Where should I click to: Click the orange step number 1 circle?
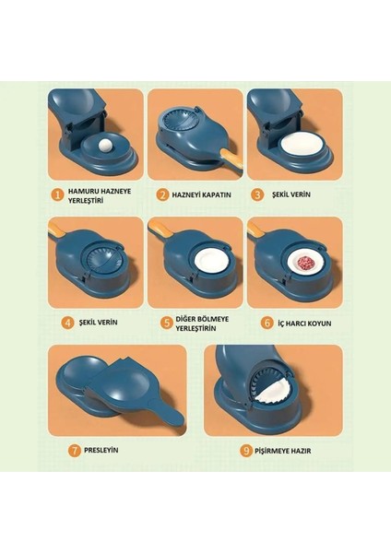pos(57,195)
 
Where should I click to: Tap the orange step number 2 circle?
pos(162,195)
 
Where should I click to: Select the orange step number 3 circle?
pos(257,194)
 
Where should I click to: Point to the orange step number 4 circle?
pos(67,323)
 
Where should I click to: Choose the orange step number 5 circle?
pos(166,324)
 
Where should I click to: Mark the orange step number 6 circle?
pos(267,323)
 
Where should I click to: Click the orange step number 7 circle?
pos(75,451)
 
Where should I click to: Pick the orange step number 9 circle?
pos(246,451)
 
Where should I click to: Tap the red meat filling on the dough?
pos(306,264)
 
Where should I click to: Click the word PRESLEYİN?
pos(101,451)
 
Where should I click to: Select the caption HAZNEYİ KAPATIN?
pos(202,194)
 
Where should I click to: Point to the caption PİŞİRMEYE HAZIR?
pos(283,451)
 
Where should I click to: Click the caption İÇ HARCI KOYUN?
pos(304,324)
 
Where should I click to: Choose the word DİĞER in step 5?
pos(186,319)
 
